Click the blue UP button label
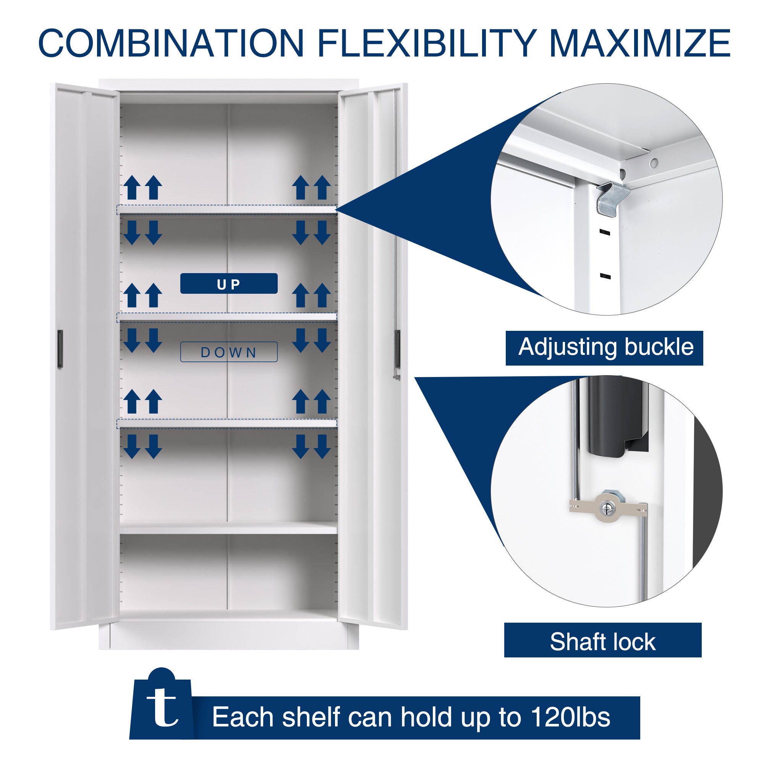(x=228, y=283)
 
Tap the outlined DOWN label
(x=228, y=352)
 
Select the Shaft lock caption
(x=603, y=642)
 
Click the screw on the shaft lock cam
(x=606, y=507)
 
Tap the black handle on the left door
(x=60, y=349)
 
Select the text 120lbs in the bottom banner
(x=570, y=717)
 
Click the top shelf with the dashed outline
(x=227, y=210)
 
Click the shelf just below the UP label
(x=227, y=317)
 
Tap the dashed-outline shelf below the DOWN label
(x=227, y=424)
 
